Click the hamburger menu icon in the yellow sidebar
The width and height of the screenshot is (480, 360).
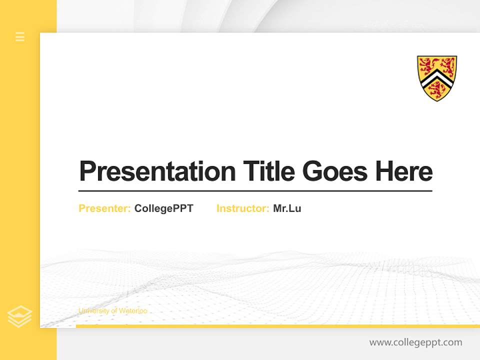[x=20, y=36]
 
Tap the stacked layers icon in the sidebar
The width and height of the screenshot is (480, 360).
[x=19, y=316]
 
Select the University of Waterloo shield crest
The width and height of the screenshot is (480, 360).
[x=436, y=78]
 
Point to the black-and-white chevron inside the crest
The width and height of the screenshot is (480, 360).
[x=436, y=77]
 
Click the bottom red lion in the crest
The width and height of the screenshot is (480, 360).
[x=437, y=90]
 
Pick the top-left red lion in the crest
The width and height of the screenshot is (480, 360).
[x=427, y=65]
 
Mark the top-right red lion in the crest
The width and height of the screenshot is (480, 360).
[x=446, y=65]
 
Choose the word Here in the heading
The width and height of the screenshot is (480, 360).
[x=404, y=171]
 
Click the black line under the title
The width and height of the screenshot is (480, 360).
[x=255, y=191]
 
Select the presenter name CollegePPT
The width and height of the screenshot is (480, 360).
[x=163, y=208]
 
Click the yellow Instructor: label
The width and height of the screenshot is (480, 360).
[x=243, y=208]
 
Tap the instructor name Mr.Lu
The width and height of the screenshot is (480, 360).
[x=287, y=208]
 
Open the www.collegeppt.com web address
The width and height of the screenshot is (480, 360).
[x=415, y=342]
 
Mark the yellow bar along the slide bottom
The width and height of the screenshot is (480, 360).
[x=277, y=326]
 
